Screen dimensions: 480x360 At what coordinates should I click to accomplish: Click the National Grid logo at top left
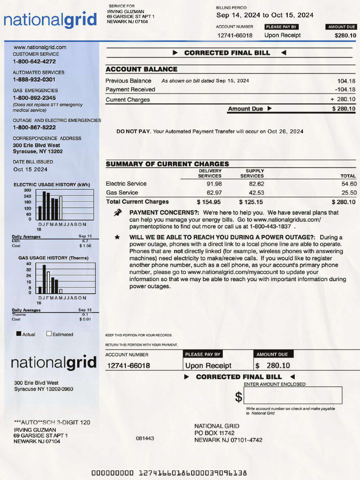(x=50, y=20)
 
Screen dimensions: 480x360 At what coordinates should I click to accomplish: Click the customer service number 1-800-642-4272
(x=34, y=61)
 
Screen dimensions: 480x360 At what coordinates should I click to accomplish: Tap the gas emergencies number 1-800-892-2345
(x=34, y=97)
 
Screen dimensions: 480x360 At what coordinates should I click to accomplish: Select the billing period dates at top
(x=265, y=15)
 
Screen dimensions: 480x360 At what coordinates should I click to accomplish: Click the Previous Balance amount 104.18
(x=346, y=81)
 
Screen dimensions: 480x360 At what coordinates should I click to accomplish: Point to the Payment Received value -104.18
(x=345, y=90)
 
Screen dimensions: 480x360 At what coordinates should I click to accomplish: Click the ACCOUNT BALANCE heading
(x=141, y=69)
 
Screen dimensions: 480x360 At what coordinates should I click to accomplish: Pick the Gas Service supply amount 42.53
(x=256, y=193)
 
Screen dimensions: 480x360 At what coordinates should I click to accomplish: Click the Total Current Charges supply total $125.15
(x=251, y=202)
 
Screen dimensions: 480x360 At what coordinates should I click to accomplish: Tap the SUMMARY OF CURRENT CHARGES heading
(x=167, y=164)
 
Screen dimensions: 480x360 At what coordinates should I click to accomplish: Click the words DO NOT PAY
(x=134, y=132)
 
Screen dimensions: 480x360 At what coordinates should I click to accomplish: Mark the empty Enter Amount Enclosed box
(x=293, y=395)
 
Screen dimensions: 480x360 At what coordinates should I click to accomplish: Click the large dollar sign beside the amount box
(x=239, y=397)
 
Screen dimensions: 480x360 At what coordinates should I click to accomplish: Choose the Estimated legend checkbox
(x=49, y=334)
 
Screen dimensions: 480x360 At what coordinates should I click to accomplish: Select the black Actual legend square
(x=19, y=334)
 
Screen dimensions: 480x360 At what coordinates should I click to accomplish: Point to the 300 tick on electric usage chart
(x=27, y=190)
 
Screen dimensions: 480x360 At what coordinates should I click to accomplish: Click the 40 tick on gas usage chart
(x=29, y=263)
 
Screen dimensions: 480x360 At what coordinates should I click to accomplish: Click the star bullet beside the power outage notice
(x=117, y=237)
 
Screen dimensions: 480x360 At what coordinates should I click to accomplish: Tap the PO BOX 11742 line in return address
(x=214, y=433)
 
